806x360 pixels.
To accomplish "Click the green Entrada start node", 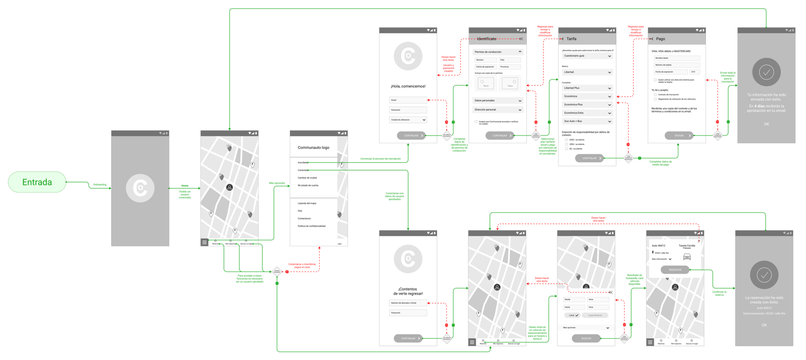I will [x=37, y=182].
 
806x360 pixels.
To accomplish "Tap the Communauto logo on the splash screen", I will [x=140, y=188].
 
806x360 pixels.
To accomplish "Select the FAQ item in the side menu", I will [x=300, y=211].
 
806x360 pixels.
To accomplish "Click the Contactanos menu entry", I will [x=304, y=218].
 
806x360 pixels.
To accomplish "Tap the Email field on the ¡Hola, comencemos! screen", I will [x=408, y=100].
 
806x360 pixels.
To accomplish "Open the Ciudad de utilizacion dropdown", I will [x=408, y=120].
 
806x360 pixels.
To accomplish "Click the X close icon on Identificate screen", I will [x=521, y=39].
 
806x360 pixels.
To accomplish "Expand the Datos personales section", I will [x=498, y=101].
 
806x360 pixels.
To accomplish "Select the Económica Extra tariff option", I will [x=587, y=113].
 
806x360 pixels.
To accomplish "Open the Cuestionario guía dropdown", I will [x=587, y=56].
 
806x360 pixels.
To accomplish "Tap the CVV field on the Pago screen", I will [x=695, y=72].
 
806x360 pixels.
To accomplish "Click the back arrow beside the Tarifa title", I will [x=563, y=39].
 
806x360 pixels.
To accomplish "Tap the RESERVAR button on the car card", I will [x=675, y=270].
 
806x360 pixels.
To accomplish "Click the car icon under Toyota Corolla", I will [x=687, y=256].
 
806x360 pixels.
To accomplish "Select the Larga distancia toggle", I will [x=594, y=315].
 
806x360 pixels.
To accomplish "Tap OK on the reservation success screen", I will [x=764, y=325].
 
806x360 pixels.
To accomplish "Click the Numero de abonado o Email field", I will [x=408, y=303].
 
